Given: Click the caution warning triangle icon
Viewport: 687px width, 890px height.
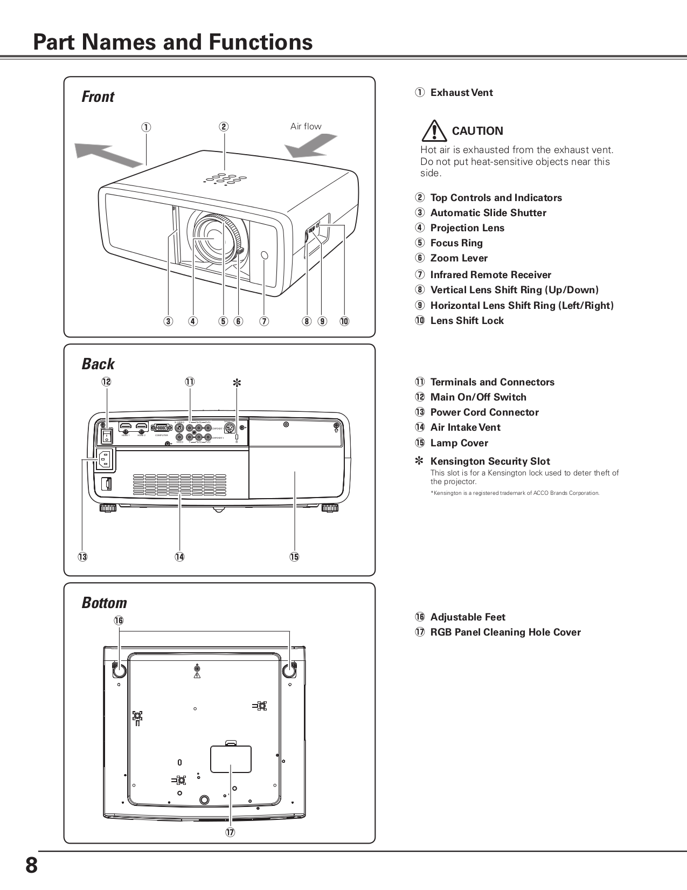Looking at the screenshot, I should (434, 131).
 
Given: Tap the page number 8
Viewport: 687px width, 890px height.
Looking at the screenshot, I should (31, 866).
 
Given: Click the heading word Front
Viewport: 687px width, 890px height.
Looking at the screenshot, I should (98, 97).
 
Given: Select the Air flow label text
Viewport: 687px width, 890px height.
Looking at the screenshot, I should (306, 126).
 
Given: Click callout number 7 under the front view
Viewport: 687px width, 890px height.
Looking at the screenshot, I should (264, 321).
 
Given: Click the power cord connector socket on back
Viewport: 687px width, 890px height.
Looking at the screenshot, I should (105, 460).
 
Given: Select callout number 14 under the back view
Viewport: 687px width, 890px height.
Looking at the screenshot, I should (179, 557).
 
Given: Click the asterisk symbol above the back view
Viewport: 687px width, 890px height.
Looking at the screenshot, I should (237, 383).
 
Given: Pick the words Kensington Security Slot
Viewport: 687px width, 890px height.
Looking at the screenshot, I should (490, 461).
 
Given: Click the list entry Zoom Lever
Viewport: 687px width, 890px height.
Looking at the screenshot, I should (459, 258).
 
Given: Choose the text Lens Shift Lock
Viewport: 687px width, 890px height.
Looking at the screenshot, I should (467, 321).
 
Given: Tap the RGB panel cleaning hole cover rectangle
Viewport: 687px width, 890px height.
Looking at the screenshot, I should (231, 759).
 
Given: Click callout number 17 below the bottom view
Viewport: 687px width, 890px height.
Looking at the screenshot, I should (231, 832).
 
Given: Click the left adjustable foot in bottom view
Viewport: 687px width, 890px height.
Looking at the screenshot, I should (119, 670).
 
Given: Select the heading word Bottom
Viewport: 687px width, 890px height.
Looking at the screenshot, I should (105, 603).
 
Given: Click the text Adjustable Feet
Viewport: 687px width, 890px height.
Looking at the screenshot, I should (468, 617).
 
